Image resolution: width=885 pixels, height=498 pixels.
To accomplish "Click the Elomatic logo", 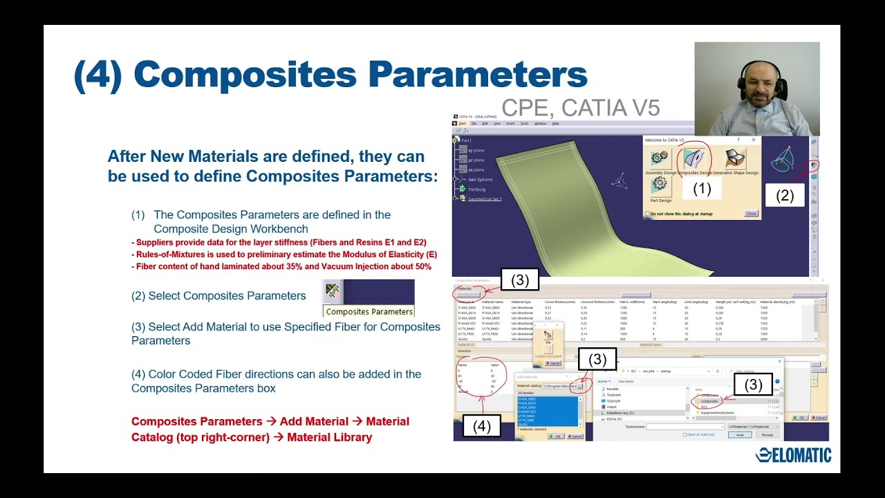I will pyautogui.click(x=793, y=454).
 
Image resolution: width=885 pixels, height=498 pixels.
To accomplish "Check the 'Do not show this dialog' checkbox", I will pyautogui.click(x=647, y=214).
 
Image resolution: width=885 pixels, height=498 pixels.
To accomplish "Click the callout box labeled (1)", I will pyautogui.click(x=702, y=188).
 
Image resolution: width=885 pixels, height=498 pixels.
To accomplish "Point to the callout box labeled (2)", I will pyautogui.click(x=785, y=196).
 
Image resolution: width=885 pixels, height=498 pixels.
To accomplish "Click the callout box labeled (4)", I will pyautogui.click(x=481, y=426).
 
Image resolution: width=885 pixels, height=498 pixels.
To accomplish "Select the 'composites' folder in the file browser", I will pyautogui.click(x=710, y=401).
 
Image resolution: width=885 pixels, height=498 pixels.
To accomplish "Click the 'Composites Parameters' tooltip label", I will pyautogui.click(x=369, y=311).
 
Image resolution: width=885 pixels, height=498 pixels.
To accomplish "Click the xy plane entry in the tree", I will pyautogui.click(x=476, y=150).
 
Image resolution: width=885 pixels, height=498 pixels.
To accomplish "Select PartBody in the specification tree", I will pyautogui.click(x=477, y=189).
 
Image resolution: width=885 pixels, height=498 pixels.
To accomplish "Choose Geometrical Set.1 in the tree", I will pyautogui.click(x=485, y=199).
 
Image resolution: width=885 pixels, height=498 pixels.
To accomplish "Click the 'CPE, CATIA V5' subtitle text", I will pyautogui.click(x=581, y=108).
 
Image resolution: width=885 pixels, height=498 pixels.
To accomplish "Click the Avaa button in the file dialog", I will pyautogui.click(x=739, y=435).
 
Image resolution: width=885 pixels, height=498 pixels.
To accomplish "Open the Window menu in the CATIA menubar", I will pyautogui.click(x=540, y=124).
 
